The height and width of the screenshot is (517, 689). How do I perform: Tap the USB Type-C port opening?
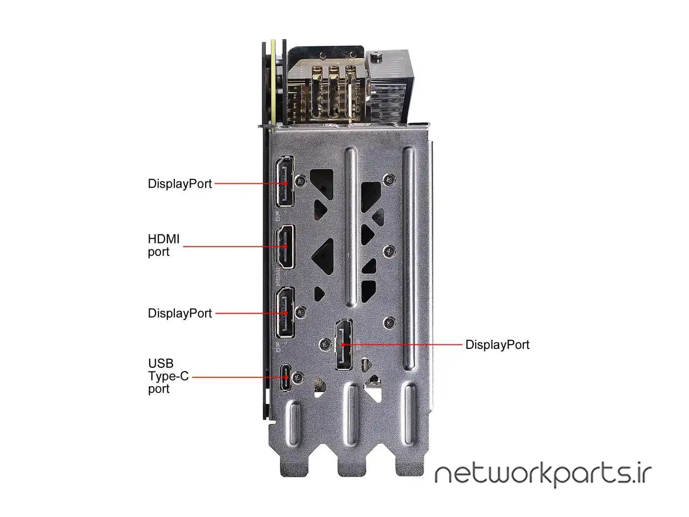coord(285,378)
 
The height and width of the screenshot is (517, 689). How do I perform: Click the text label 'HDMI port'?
coord(164,245)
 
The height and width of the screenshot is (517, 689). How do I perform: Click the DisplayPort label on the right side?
coord(497,345)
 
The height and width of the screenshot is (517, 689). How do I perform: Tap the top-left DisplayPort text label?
coord(180,184)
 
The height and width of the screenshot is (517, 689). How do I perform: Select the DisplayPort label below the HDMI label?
coord(180,313)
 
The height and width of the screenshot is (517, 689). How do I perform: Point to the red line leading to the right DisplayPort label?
coord(404,344)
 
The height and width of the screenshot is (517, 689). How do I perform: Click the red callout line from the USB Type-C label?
coord(237,378)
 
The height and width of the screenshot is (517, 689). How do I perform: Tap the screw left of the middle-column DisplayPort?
coord(325,344)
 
